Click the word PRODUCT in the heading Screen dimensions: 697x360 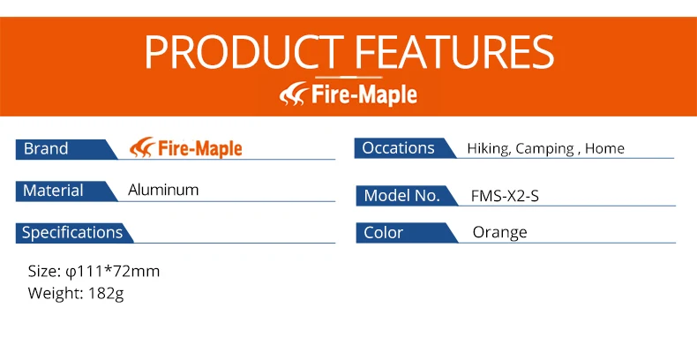[244, 51]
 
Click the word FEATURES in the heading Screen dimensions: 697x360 [453, 51]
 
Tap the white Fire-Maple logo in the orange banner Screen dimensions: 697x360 [348, 94]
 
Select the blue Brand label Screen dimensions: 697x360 [66, 149]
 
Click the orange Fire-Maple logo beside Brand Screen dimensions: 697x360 [186, 148]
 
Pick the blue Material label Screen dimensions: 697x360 [66, 191]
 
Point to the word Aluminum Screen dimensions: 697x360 [163, 190]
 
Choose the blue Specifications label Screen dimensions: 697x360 [74, 233]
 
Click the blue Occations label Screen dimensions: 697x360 [405, 148]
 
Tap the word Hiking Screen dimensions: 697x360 [489, 149]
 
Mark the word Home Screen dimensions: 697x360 [604, 148]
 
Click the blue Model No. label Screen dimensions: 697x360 [406, 196]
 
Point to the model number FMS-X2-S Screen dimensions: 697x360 [505, 196]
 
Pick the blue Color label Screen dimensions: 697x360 [406, 233]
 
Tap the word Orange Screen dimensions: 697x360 [499, 232]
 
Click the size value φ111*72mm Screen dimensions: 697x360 [112, 272]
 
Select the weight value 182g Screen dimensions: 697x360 [106, 294]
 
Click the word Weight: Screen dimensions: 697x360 [56, 294]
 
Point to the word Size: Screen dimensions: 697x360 [44, 271]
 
